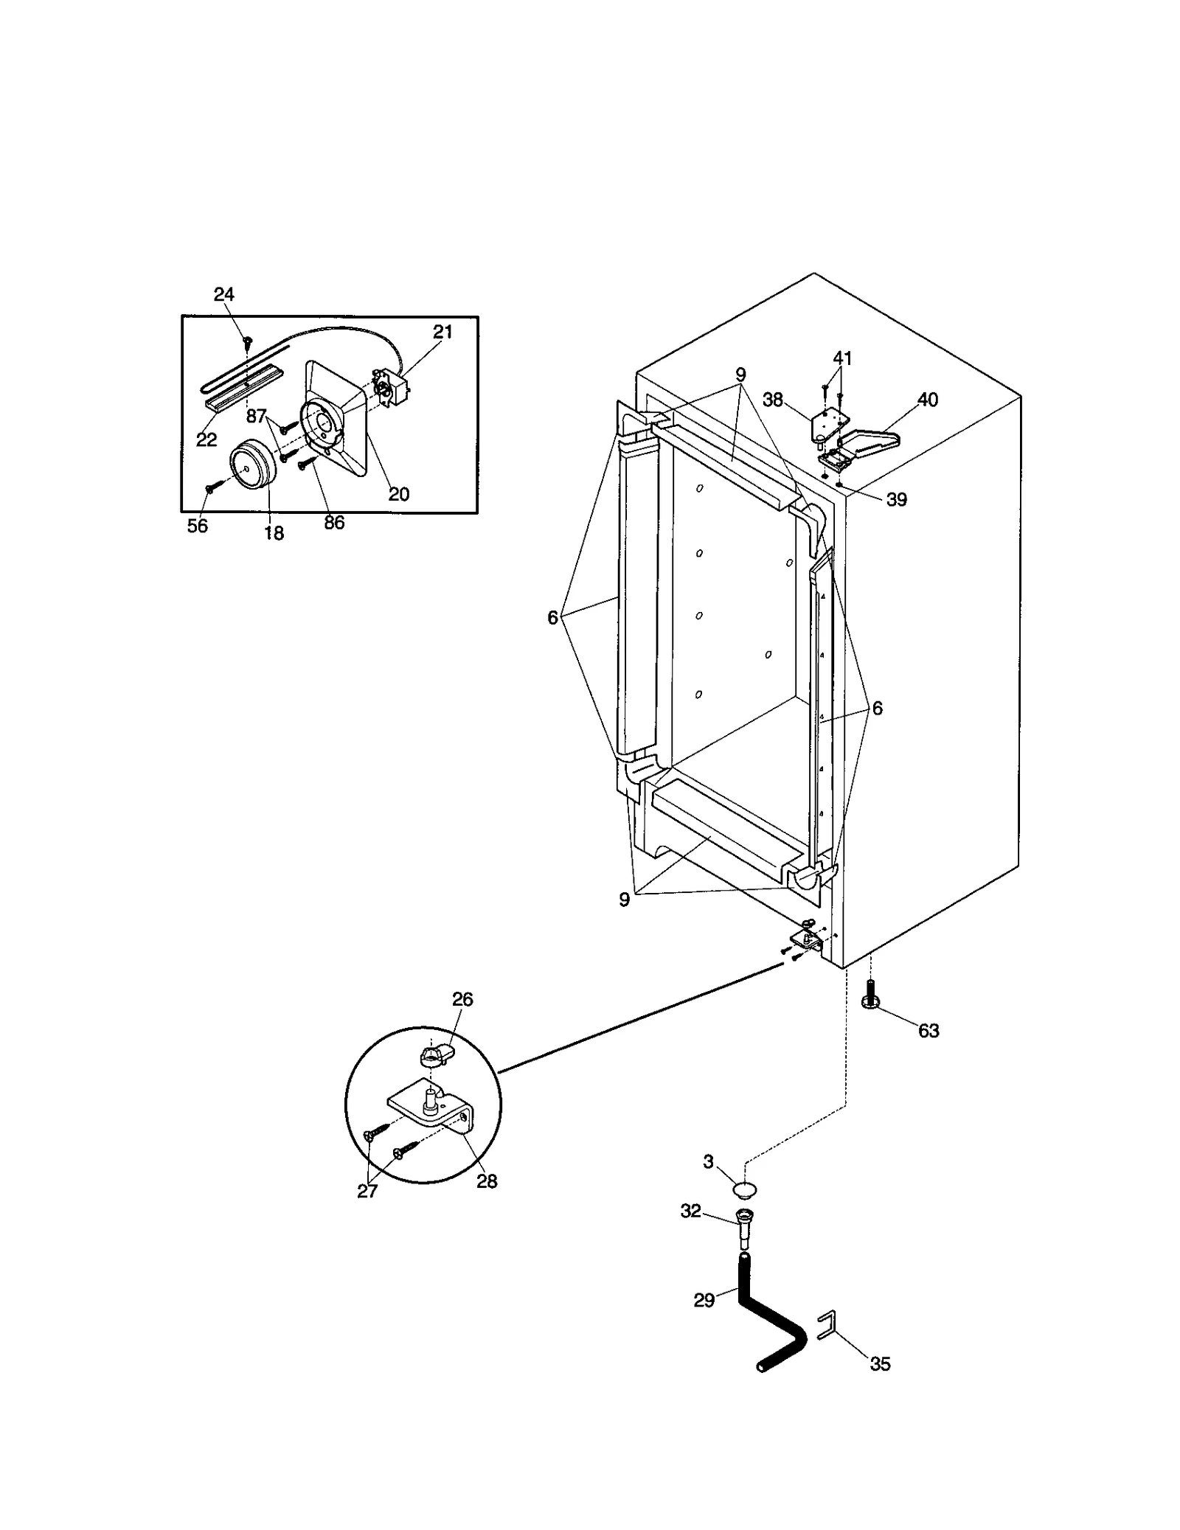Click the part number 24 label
(x=223, y=295)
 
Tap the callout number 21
(x=442, y=332)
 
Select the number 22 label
(x=206, y=439)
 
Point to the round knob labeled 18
(x=250, y=465)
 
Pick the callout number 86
(x=334, y=523)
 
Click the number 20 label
(x=398, y=494)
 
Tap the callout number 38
(x=772, y=400)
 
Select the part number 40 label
(x=927, y=400)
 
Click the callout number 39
(x=896, y=499)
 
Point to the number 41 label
(x=842, y=358)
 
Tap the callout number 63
(x=929, y=1031)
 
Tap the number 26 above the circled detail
(x=462, y=999)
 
